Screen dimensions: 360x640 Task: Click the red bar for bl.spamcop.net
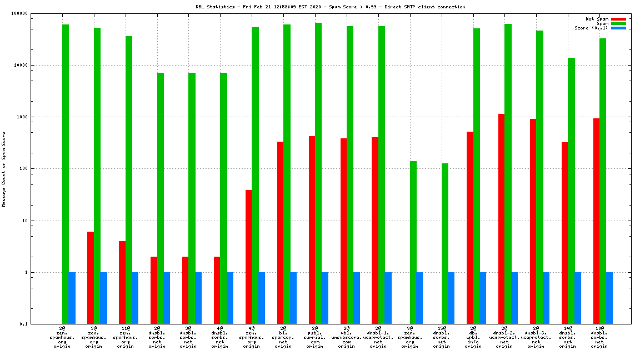coord(280,233)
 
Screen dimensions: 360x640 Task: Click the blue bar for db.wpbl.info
coord(483,298)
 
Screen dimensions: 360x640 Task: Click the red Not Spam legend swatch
coord(618,19)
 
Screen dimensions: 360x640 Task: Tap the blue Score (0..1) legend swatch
coord(618,28)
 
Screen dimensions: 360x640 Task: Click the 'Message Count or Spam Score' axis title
coord(4,169)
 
